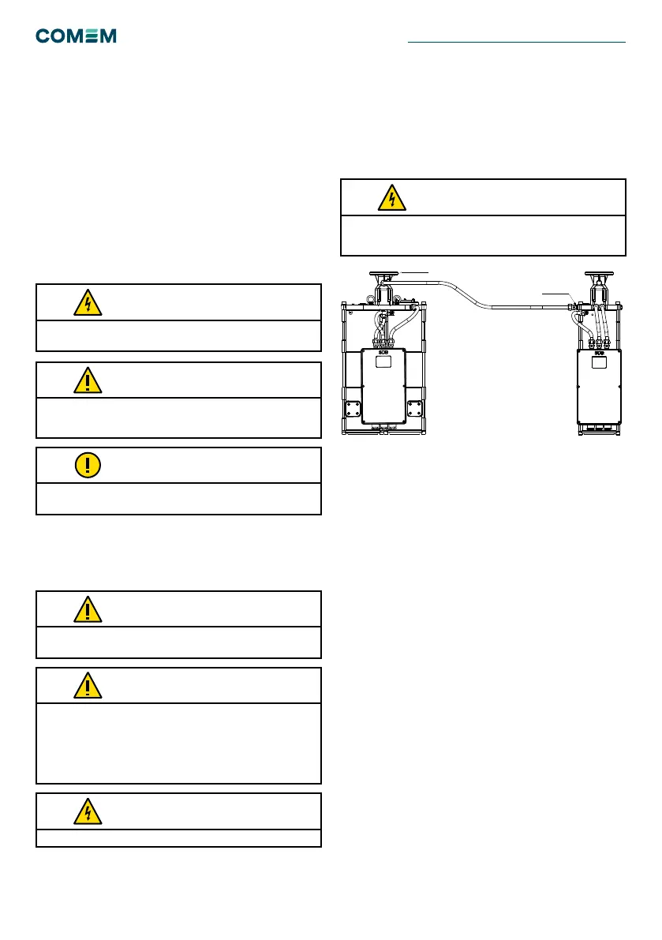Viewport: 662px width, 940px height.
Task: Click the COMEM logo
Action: click(76, 36)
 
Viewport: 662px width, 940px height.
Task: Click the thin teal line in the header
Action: click(517, 42)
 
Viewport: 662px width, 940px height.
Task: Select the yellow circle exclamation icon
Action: click(88, 466)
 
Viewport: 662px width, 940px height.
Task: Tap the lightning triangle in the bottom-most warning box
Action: click(88, 811)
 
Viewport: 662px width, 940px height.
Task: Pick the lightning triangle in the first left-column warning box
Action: click(88, 302)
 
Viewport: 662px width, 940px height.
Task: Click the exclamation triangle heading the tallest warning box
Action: click(88, 685)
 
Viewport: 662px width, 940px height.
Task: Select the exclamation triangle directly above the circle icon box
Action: click(88, 380)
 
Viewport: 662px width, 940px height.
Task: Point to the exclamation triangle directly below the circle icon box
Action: click(88, 609)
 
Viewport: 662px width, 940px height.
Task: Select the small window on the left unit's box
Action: click(383, 364)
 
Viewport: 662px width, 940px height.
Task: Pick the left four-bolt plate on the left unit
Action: click(353, 410)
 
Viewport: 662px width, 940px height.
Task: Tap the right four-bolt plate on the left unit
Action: click(415, 410)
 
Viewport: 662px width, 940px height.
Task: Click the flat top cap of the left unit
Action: click(383, 276)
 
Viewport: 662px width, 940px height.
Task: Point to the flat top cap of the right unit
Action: click(598, 276)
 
